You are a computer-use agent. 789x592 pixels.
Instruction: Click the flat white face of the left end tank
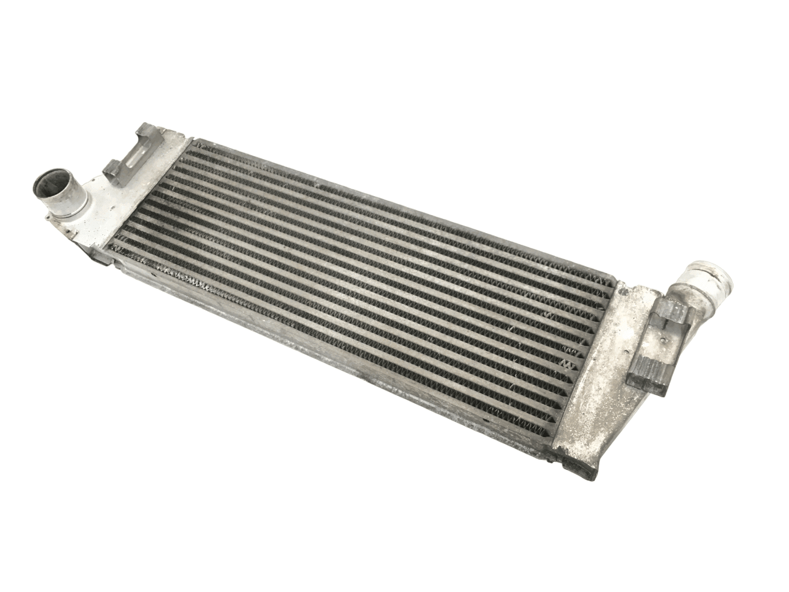133,203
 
